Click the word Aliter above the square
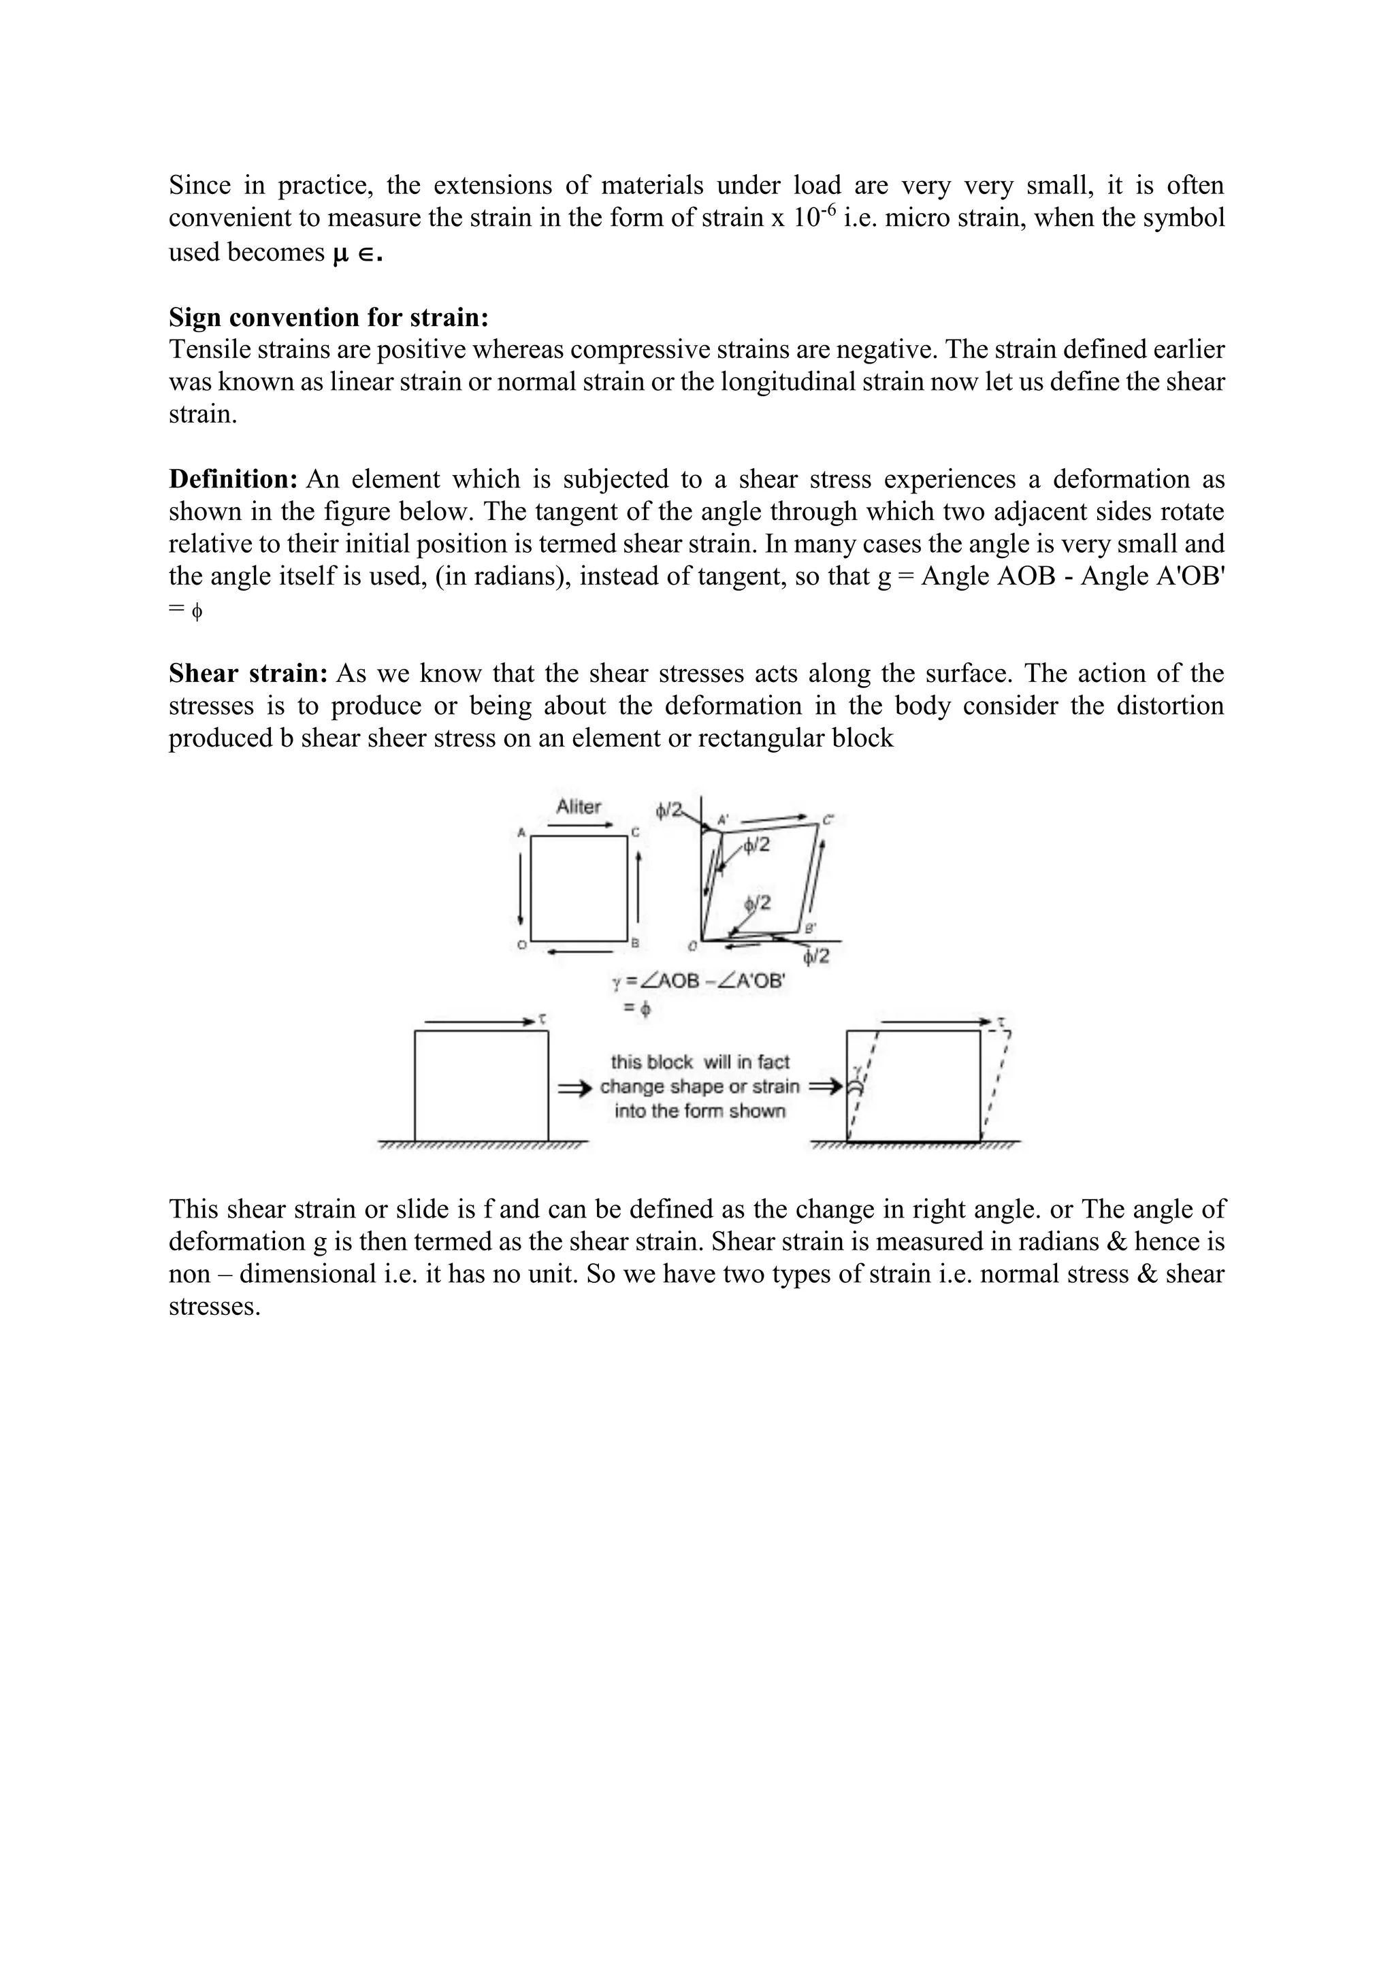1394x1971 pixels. pyautogui.click(x=579, y=807)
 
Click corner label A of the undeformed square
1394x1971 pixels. pyautogui.click(x=521, y=832)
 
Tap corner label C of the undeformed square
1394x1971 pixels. pyautogui.click(x=635, y=832)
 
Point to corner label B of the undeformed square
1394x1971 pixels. pyautogui.click(x=635, y=944)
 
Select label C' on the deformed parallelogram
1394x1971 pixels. pyautogui.click(x=828, y=820)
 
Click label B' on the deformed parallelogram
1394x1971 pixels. pyautogui.click(x=810, y=928)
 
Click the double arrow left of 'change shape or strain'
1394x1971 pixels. pyautogui.click(x=575, y=1088)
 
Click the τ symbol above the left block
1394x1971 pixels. pyautogui.click(x=542, y=1019)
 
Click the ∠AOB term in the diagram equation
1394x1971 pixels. pyautogui.click(x=668, y=981)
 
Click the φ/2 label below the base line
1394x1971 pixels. pyautogui.click(x=816, y=956)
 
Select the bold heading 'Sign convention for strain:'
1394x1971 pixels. pyautogui.click(x=329, y=318)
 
